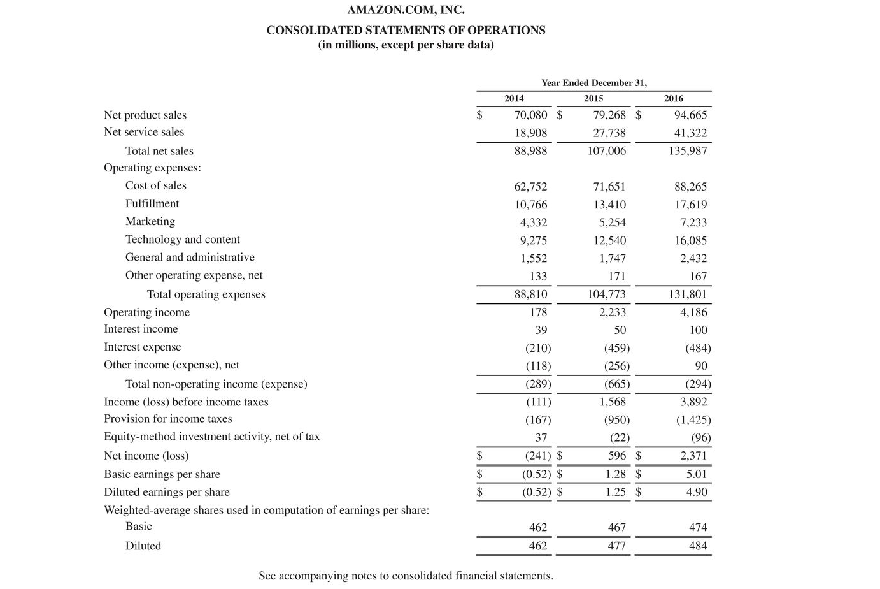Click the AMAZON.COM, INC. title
tap(406, 10)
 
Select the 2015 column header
tap(593, 98)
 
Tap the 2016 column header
tap(673, 98)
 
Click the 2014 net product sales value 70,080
tap(530, 115)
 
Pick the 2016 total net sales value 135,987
tap(687, 151)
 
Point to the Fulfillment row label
tap(152, 203)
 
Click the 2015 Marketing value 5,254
tap(612, 222)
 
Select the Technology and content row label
tap(182, 239)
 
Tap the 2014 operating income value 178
tap(538, 312)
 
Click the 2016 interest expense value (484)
tap(698, 348)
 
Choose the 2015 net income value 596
tap(616, 456)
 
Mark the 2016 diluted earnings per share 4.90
tap(696, 492)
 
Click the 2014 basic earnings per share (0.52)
tap(536, 474)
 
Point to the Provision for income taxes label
tap(168, 419)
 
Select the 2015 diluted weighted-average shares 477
tap(616, 546)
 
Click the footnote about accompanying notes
tap(406, 576)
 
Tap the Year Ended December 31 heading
tap(593, 83)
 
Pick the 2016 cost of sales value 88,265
tap(690, 187)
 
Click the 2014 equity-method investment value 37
tap(541, 438)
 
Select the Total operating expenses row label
tap(206, 294)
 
